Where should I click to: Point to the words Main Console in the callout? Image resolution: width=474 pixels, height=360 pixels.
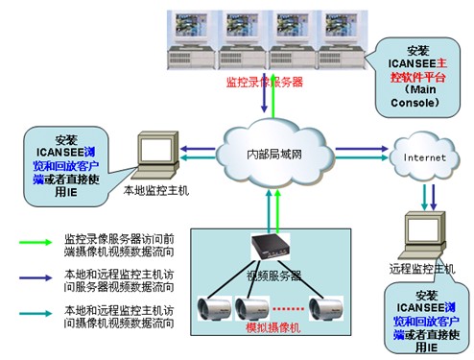pos(422,95)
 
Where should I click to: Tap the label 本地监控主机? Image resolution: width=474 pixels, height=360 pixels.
pos(157,191)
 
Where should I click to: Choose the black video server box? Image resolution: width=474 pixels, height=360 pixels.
pos(272,248)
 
